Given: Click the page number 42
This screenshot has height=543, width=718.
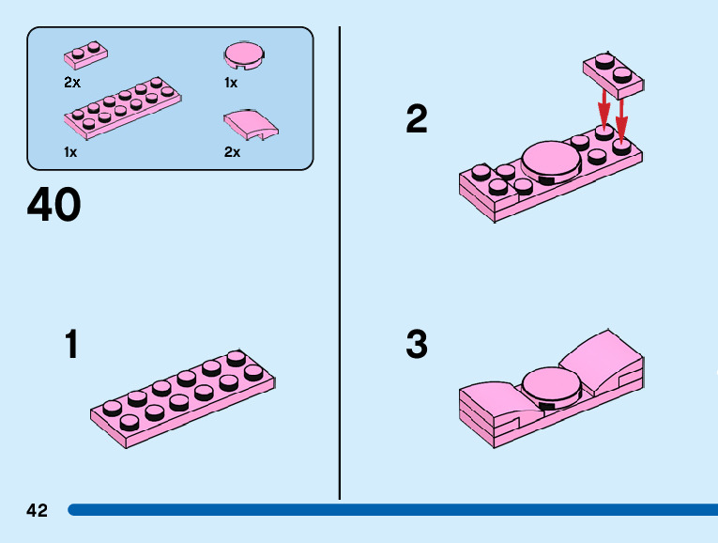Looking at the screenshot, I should [38, 510].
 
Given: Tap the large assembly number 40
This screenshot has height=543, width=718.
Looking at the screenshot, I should [54, 206].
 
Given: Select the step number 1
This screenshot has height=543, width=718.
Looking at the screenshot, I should [71, 345].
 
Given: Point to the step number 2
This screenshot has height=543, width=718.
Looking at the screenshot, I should [416, 119].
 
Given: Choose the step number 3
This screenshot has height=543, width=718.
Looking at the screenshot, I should [416, 345].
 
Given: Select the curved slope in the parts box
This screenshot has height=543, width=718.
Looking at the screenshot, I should [249, 124].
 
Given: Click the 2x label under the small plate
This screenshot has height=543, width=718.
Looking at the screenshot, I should [72, 83].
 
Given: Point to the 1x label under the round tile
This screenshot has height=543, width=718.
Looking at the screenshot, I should [231, 83].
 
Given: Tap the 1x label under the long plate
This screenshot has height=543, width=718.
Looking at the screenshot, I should [70, 150].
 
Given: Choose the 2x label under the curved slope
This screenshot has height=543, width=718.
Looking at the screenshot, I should [232, 151].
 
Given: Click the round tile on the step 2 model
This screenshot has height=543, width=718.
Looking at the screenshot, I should [552, 161].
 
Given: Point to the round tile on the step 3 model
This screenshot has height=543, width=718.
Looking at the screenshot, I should [550, 383].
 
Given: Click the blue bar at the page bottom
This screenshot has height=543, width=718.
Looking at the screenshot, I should [394, 510].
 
